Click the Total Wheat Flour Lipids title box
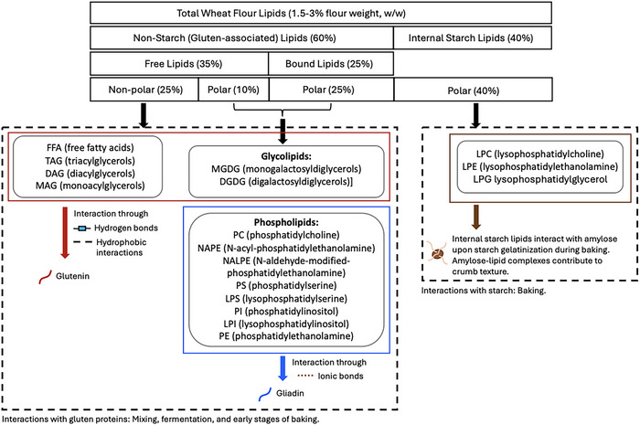[x=321, y=13]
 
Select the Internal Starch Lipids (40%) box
[x=473, y=38]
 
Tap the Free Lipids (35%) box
[x=179, y=64]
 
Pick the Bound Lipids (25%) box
[x=331, y=64]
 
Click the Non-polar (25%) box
[x=144, y=90]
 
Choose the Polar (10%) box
[x=233, y=90]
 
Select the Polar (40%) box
[x=473, y=90]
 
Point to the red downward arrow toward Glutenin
[x=65, y=232]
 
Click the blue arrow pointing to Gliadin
[x=283, y=368]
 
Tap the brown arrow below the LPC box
[x=476, y=217]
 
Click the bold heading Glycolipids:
[x=286, y=156]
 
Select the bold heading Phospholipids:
[x=286, y=222]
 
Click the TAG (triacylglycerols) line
[x=91, y=160]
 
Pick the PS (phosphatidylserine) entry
[x=286, y=285]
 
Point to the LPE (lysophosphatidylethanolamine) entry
[x=540, y=166]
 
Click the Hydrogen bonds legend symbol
[x=82, y=228]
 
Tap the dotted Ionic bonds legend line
[x=305, y=376]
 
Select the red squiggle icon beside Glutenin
[x=45, y=277]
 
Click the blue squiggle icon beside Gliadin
[x=265, y=395]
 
